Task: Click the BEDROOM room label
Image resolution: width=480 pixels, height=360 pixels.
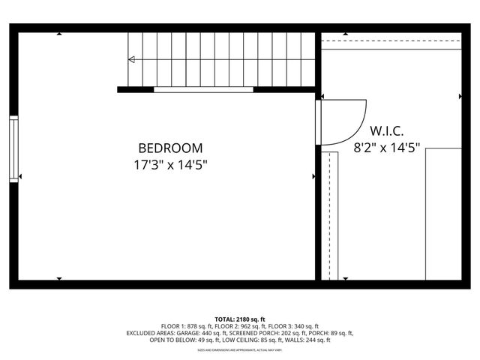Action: click(170, 148)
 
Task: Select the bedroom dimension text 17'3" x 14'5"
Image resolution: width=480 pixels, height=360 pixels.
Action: click(170, 164)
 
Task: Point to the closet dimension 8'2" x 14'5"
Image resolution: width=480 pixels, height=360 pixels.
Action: click(387, 148)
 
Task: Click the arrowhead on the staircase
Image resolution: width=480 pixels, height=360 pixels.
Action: click(132, 59)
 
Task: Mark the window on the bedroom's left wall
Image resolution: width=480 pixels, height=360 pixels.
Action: click(13, 148)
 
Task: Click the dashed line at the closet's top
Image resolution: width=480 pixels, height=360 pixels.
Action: click(390, 40)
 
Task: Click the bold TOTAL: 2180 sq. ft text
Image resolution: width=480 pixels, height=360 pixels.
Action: click(240, 319)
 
